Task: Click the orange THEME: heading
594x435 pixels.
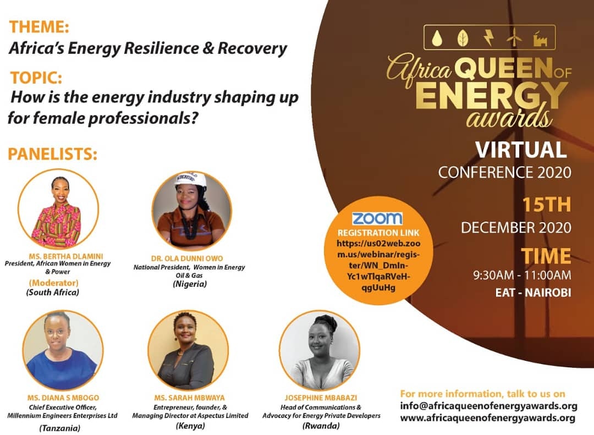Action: [x=39, y=27]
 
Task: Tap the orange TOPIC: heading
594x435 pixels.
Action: [x=36, y=78]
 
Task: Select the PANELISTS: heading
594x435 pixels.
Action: [x=53, y=154]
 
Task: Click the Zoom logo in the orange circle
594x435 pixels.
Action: [x=377, y=219]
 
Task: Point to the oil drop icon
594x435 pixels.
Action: [x=438, y=37]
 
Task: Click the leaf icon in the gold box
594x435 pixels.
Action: [x=463, y=38]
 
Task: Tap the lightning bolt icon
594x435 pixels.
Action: [x=489, y=37]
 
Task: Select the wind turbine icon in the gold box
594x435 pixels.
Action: [x=514, y=37]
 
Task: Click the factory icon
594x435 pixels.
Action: [x=540, y=38]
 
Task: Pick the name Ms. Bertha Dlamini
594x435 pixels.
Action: [x=66, y=256]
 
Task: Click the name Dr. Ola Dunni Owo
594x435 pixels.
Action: [x=187, y=258]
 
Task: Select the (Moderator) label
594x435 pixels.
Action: [x=53, y=283]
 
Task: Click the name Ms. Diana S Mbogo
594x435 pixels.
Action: [x=63, y=398]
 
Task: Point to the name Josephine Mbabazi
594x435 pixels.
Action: [x=321, y=398]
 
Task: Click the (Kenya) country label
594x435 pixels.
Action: [x=190, y=426]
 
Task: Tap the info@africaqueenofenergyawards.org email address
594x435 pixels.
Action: [x=489, y=406]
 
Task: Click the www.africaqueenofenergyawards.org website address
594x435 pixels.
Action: [x=488, y=419]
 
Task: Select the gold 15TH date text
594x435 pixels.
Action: [x=547, y=205]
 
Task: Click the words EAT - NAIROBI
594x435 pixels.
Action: [x=533, y=293]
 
